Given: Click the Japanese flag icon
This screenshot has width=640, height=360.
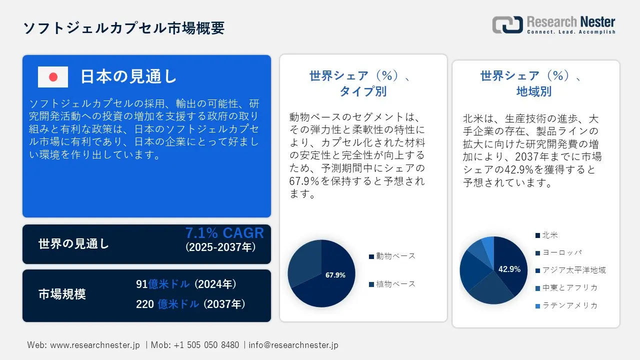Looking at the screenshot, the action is point(53,77).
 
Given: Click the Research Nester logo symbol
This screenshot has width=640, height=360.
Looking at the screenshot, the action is point(507,24).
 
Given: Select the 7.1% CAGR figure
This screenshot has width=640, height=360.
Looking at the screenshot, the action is point(224,233).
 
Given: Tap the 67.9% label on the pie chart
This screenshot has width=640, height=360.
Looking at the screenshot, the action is point(335,275).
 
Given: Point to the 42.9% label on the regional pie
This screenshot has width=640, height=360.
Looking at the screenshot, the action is point(509,269).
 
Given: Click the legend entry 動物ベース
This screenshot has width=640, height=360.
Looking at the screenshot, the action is point(392,256).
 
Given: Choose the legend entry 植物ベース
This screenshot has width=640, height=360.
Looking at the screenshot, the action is point(392,284).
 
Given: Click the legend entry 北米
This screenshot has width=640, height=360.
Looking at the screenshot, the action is point(546,235).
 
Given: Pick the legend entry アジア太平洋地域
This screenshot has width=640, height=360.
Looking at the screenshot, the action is point(570,270).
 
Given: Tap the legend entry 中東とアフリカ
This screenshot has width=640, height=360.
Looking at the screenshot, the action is point(566,287).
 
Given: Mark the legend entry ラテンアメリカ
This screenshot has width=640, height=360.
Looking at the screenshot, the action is point(566,305).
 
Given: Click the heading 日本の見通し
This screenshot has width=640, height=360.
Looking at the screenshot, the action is point(128,76).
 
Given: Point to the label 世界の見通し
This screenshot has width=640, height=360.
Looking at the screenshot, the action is point(73,243).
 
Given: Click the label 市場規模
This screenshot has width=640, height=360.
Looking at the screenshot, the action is point(62,294).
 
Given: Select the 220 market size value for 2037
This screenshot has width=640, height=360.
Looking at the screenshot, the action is point(145,304).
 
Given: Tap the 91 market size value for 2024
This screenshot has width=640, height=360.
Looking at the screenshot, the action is point(141,284).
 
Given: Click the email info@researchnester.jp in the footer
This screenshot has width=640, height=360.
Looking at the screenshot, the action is point(293,345).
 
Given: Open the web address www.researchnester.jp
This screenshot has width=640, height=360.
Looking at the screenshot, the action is point(95,345).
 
